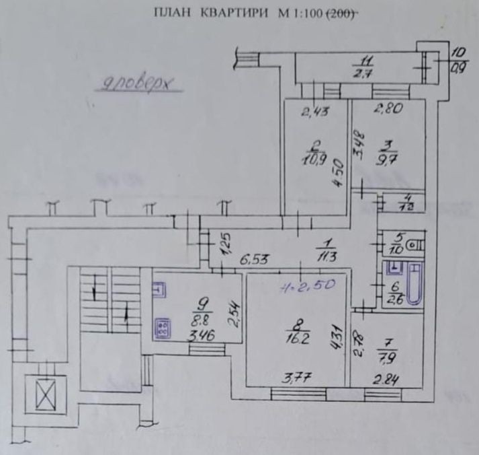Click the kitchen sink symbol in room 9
point(159,290)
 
